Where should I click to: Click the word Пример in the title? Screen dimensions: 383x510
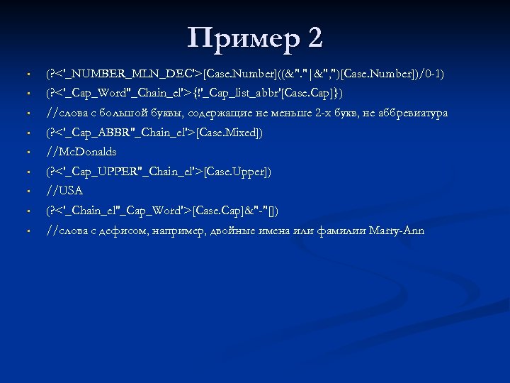coord(239,38)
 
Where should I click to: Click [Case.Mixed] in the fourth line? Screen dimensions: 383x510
coord(228,133)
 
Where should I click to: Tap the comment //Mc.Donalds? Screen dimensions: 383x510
coord(81,152)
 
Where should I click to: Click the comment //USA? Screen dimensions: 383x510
coord(64,191)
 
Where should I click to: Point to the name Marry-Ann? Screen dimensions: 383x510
coord(397,231)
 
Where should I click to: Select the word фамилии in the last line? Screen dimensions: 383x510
coord(342,231)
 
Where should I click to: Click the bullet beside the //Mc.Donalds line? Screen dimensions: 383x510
coord(25,152)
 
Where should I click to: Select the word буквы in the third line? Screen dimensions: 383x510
coord(169,113)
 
